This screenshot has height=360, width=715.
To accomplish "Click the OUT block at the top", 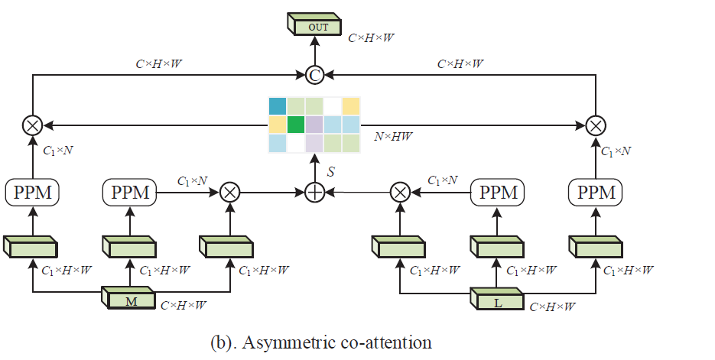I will [317, 26].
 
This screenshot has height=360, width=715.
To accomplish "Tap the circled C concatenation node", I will [314, 75].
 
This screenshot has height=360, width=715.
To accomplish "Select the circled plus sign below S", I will [314, 192].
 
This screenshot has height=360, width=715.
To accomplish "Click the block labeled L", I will [498, 301].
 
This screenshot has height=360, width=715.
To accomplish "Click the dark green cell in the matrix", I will [295, 124].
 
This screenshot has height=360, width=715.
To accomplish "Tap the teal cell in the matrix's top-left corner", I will [277, 105].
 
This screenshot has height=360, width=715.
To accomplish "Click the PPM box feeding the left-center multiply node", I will [129, 192].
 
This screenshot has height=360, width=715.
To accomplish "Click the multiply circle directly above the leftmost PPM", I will [32, 124].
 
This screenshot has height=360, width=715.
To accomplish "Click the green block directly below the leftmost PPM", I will [32, 245].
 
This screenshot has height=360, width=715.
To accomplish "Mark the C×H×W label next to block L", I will [552, 306].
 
